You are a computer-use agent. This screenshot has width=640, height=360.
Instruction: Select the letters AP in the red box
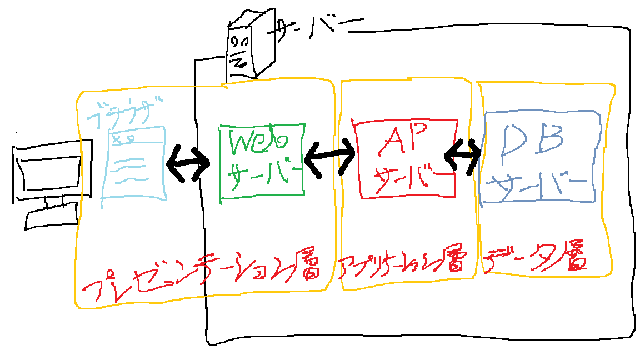pyautogui.click(x=404, y=141)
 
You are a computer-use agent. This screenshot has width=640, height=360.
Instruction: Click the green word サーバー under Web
pyautogui.click(x=261, y=175)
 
